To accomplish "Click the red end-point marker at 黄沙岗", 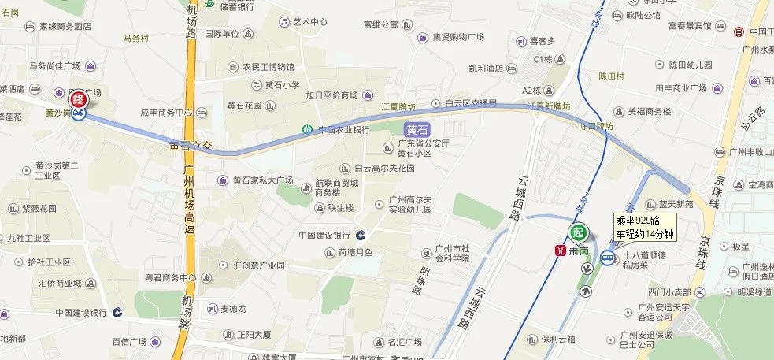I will coord(79,101).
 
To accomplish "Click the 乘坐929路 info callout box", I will coord(645,226).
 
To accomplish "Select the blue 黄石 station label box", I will coord(417,129).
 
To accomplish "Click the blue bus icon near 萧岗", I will coord(608,258).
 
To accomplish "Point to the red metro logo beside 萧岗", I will coord(560,251).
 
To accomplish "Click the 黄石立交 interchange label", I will coord(191,147).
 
